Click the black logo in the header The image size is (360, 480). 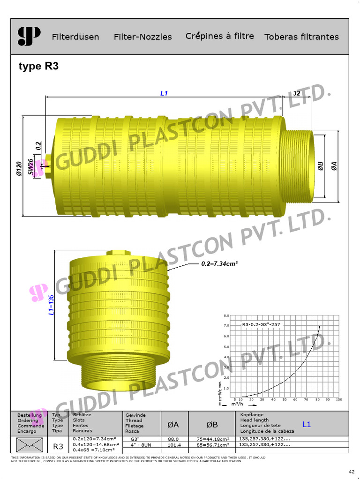tap(29, 37)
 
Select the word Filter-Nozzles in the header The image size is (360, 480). tap(142, 37)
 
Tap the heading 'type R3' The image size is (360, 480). tap(38, 66)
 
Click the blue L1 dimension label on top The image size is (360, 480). tap(164, 93)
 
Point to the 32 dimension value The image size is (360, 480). tap(296, 93)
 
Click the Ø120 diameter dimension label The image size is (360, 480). tap(19, 169)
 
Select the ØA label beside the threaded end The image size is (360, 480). tap(334, 166)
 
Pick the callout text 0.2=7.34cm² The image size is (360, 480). tap(219, 264)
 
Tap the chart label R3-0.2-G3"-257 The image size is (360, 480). tap(263, 324)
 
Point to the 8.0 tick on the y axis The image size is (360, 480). tap(226, 315)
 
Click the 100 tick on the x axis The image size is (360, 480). tap(338, 400)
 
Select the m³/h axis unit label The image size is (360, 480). tap(238, 404)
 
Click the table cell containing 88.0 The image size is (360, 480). tap(174, 439)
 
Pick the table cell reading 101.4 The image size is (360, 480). tap(174, 444)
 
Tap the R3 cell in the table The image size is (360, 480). tap(59, 445)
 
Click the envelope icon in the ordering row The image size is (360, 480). tap(30, 444)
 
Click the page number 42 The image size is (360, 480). tap(352, 471)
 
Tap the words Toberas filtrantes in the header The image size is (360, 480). tap(301, 37)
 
